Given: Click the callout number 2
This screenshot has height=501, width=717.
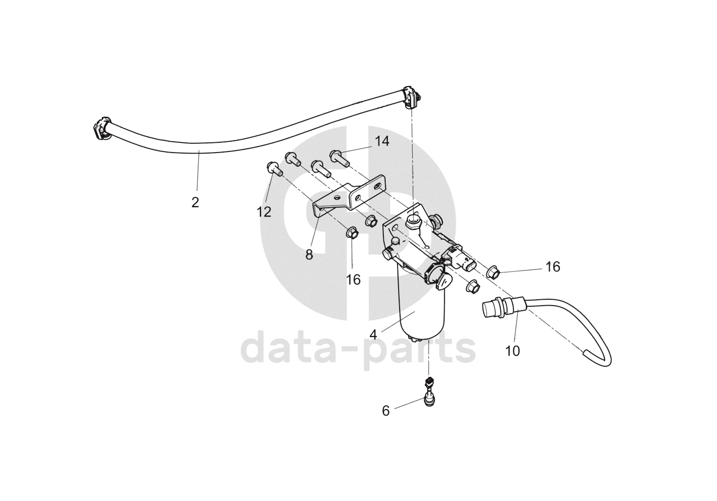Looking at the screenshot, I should click(x=195, y=203).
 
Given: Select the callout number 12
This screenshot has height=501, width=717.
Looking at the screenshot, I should click(x=264, y=212).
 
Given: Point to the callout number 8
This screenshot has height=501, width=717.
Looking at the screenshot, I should click(x=309, y=255).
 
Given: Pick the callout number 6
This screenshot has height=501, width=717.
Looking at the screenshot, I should click(x=386, y=411).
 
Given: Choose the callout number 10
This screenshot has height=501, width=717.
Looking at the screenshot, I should click(x=512, y=351).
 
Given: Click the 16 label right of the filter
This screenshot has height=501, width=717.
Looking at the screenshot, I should click(x=553, y=267).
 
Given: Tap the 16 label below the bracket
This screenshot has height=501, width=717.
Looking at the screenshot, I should click(x=353, y=279).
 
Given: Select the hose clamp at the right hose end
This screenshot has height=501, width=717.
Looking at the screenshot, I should click(x=413, y=96).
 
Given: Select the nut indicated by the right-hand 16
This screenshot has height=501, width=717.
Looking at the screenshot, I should click(x=493, y=272).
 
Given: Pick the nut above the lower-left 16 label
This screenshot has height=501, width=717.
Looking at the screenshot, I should click(x=350, y=234).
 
